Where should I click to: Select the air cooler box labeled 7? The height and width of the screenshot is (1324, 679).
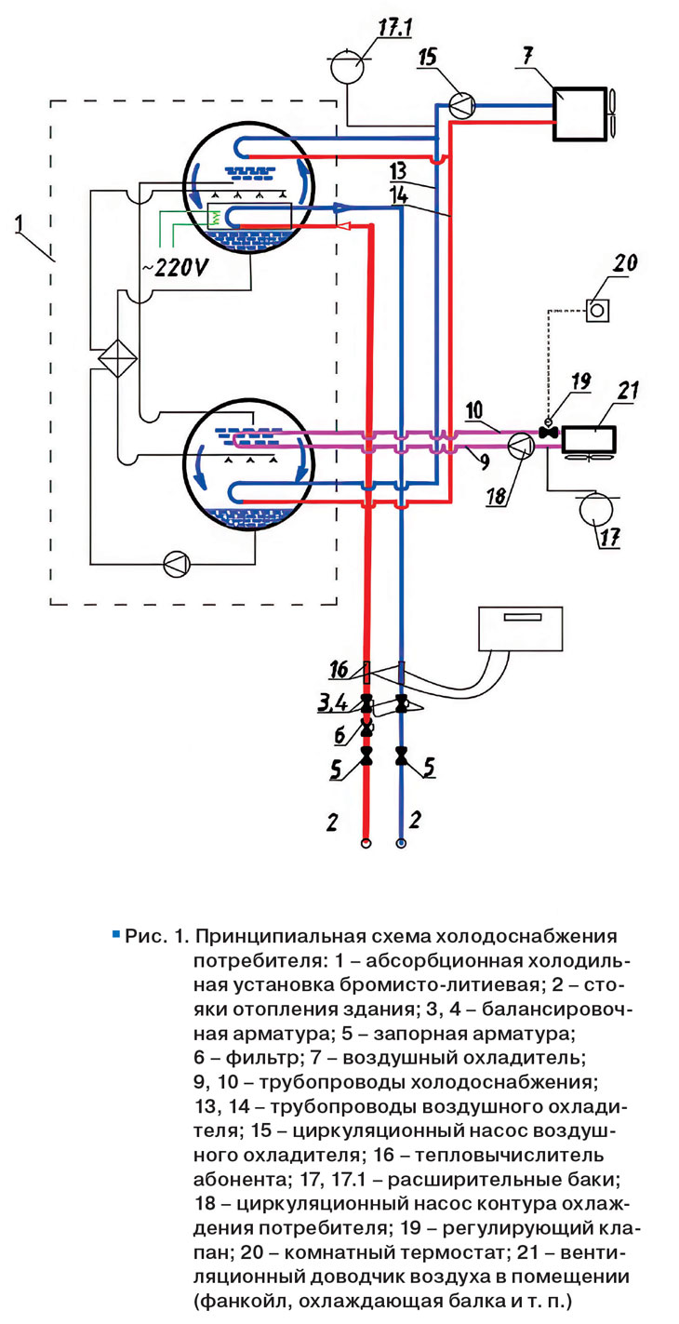tap(579, 114)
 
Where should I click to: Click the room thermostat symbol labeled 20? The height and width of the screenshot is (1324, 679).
tap(597, 309)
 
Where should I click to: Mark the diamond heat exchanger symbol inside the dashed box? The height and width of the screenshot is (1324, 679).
tap(117, 357)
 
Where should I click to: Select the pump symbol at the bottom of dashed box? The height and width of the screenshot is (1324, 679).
tap(175, 563)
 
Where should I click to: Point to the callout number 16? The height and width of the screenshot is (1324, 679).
tap(339, 669)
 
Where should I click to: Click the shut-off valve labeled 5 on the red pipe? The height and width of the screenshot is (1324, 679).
tap(366, 754)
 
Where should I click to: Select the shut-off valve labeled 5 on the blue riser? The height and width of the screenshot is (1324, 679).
tap(401, 756)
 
